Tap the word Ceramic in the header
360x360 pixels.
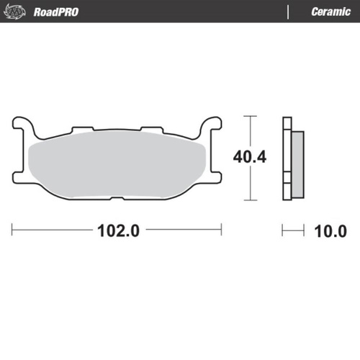pos(330,12)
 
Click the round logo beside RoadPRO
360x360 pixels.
pos(22,12)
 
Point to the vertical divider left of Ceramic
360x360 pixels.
pos(288,12)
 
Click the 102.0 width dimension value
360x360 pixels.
pos(117,232)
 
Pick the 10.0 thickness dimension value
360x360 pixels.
pos(330,232)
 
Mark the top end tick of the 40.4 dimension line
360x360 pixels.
pos(249,116)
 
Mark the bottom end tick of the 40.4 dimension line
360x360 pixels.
pos(249,199)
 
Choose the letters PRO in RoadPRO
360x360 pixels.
pos(69,12)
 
